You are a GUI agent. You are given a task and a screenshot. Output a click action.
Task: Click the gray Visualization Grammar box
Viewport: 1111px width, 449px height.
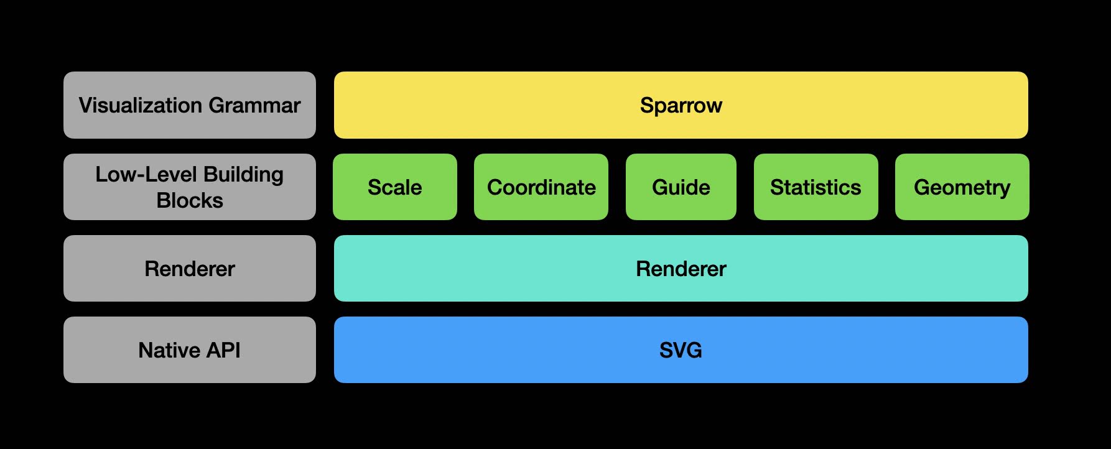click(x=190, y=105)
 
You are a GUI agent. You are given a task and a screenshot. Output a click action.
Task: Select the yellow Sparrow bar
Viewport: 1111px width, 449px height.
click(x=681, y=105)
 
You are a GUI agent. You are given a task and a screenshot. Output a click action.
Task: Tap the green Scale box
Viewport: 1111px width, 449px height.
click(x=395, y=187)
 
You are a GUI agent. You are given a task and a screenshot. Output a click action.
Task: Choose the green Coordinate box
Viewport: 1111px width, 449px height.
click(x=541, y=187)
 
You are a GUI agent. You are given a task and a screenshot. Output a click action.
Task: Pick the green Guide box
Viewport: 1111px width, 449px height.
click(x=681, y=187)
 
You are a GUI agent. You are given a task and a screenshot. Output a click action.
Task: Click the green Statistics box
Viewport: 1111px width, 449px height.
click(x=816, y=187)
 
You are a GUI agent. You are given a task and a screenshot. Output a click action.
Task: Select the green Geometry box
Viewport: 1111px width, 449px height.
click(x=962, y=187)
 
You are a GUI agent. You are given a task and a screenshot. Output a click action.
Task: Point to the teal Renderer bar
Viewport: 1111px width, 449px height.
click(x=681, y=268)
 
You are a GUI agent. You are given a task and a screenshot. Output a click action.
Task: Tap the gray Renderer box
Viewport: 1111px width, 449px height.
click(x=190, y=268)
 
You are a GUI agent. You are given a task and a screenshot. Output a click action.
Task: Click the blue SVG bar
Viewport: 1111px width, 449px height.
click(x=681, y=349)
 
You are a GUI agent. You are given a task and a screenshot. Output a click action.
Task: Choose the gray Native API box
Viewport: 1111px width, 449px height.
click(x=190, y=349)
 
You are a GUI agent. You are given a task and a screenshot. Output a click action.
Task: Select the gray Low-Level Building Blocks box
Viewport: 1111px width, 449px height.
click(x=190, y=187)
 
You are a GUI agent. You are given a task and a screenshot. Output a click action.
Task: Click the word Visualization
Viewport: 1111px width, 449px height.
click(x=141, y=105)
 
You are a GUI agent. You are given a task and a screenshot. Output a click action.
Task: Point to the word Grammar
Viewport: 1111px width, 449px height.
click(x=255, y=105)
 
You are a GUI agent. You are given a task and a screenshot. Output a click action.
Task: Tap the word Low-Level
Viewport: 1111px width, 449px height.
click(x=146, y=174)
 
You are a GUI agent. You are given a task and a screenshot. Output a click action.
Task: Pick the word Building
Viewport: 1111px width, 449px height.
click(x=243, y=175)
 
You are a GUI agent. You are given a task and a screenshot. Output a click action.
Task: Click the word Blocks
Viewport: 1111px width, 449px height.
click(x=190, y=200)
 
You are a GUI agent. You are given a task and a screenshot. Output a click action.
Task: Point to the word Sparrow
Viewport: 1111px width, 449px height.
click(x=681, y=106)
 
